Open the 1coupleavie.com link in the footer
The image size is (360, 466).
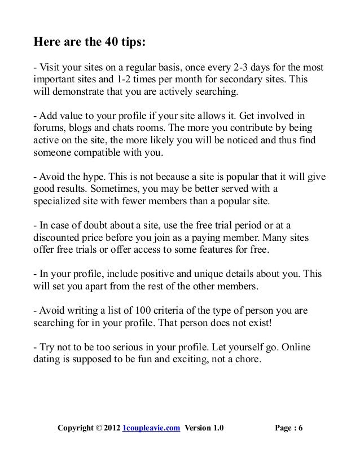coord(151,428)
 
